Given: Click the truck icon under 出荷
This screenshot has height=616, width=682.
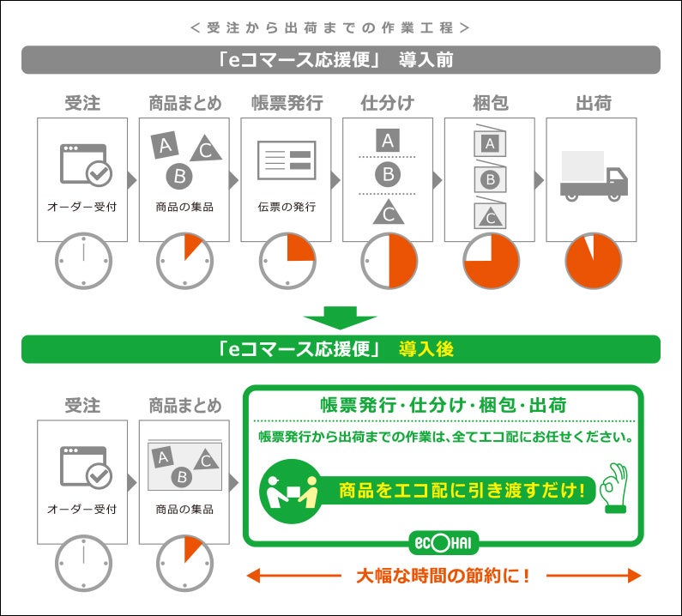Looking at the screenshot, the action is pos(594,176).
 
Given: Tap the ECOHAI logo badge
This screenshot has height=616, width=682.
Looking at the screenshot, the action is pos(444,543).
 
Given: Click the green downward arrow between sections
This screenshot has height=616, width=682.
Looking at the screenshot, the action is pos(340,317).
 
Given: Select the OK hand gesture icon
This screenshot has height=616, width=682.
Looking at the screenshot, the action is pos(613,487).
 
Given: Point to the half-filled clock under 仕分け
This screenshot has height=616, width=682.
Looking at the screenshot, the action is pos(389,261).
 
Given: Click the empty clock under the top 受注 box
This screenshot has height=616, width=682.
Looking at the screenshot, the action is pos(83,261).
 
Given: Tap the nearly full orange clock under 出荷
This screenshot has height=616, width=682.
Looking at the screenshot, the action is pos(594,261).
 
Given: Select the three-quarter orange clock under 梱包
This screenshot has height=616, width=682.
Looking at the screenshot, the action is pos(491,261).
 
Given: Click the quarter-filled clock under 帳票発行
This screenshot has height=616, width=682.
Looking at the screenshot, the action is pos(287,261).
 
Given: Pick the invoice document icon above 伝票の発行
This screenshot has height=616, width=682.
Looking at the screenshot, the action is pos(287,160).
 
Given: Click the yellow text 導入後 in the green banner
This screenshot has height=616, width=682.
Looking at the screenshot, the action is pos(425,349).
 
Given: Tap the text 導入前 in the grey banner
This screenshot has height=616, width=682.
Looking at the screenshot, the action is pos(425,60).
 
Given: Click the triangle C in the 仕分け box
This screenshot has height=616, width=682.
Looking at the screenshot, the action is pos(389,213).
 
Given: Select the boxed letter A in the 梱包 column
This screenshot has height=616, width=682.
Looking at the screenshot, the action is pos(490,143).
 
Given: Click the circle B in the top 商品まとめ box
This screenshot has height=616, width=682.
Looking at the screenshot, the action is pos(179,177).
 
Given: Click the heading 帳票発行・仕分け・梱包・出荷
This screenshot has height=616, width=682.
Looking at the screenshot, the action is pos(444,406).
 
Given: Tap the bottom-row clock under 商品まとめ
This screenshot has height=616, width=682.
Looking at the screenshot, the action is pos(184,564).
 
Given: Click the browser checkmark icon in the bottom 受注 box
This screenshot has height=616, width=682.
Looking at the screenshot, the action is pos(86,467).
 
